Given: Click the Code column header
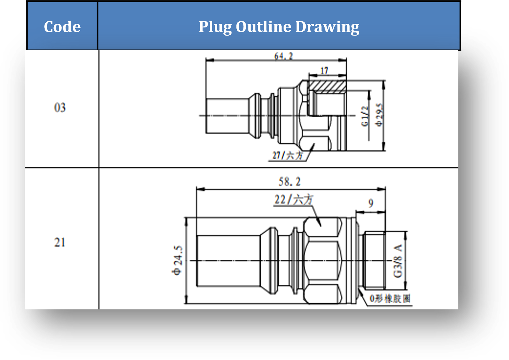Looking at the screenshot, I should (x=62, y=27).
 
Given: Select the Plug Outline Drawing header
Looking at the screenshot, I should (x=279, y=27).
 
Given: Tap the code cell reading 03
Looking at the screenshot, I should (x=60, y=107).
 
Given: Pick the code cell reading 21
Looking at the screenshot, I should (x=60, y=242).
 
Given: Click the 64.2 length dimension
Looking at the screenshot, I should (x=283, y=56).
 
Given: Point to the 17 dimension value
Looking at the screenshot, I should (x=324, y=71).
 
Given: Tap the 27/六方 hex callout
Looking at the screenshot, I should (x=287, y=155).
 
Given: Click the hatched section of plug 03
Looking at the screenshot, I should (x=327, y=86).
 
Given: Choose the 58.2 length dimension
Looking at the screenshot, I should (x=289, y=182).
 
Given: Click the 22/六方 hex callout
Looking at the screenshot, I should (x=294, y=200).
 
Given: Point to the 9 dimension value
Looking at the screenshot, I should (x=371, y=203).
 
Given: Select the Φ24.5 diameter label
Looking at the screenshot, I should (x=177, y=260).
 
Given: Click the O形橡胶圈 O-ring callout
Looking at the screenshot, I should (x=390, y=298).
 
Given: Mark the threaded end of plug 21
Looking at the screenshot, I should (x=374, y=260).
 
